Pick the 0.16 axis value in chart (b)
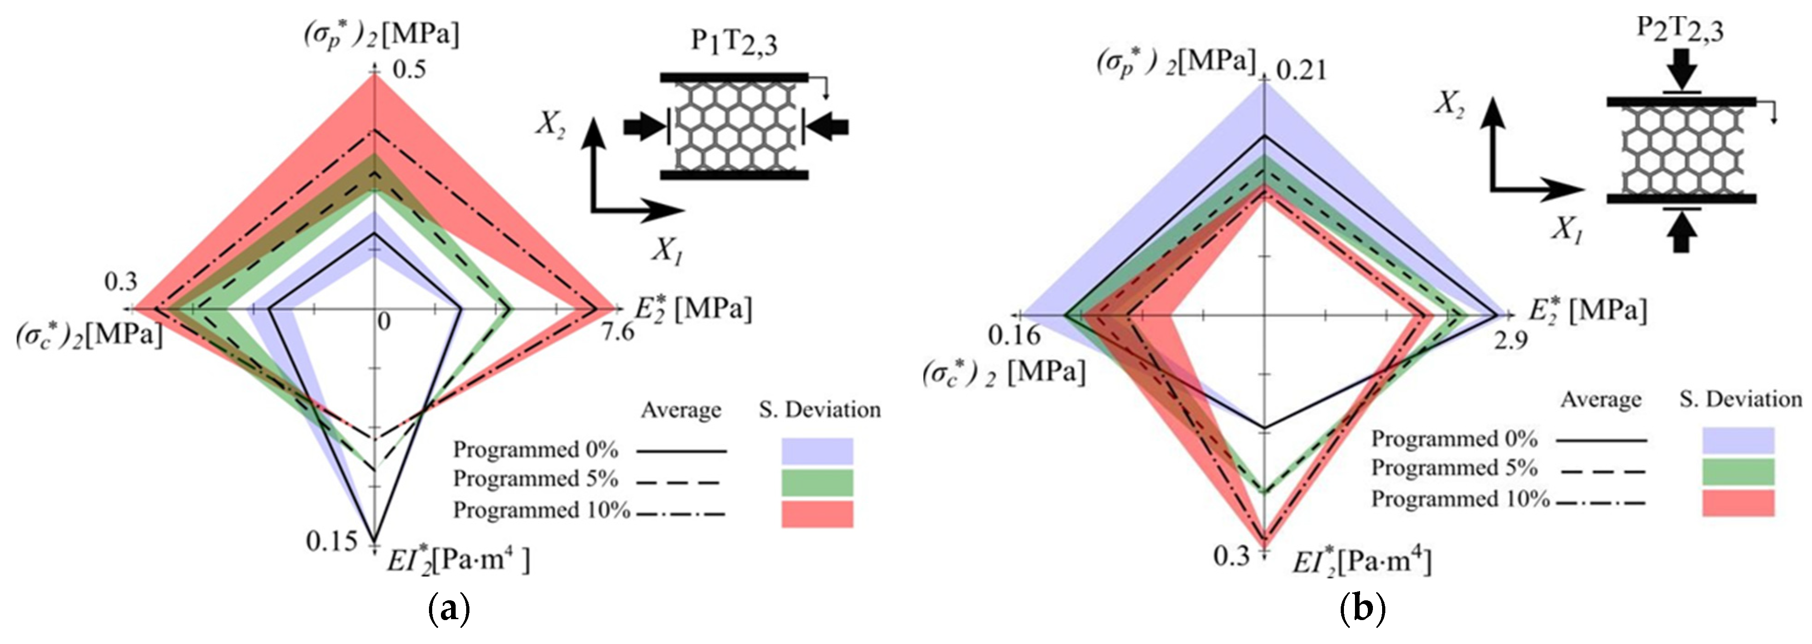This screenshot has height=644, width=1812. pos(1014,336)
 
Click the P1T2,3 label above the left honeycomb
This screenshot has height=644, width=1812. pos(734,43)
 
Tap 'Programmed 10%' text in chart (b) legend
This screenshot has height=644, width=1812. pos(1460,499)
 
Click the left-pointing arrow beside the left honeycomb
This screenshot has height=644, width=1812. pos(828,127)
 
